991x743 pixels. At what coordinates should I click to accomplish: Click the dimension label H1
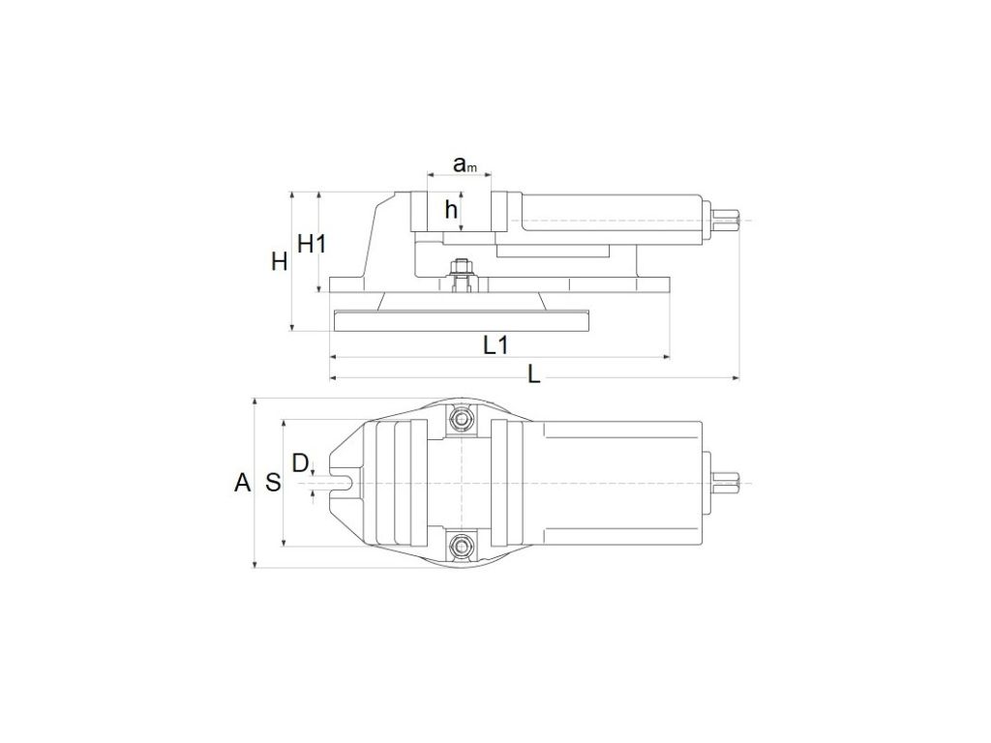point(312,243)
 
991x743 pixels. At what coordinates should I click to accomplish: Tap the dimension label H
point(280,261)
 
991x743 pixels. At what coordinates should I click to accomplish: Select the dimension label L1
point(495,345)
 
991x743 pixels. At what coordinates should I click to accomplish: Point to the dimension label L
point(534,375)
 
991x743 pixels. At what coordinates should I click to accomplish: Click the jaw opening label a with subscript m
point(465,164)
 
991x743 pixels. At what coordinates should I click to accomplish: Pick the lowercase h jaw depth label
point(451,209)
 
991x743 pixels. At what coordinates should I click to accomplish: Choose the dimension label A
point(243,483)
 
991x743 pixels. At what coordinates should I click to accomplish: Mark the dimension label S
point(273,483)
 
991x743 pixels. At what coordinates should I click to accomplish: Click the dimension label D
point(300,463)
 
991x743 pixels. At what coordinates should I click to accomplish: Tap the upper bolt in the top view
point(462,419)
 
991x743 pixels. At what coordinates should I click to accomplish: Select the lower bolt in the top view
point(462,546)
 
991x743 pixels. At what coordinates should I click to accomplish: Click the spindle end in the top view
point(727,484)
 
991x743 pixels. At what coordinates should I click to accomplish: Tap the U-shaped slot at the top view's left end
point(341,484)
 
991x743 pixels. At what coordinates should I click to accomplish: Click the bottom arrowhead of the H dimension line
point(292,327)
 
